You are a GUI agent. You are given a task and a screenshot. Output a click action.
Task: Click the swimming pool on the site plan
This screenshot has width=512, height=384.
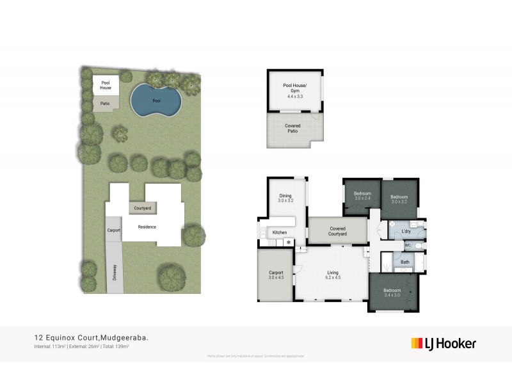coord(156,101)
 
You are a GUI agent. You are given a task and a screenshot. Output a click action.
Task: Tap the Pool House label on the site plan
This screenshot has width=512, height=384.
coord(106,85)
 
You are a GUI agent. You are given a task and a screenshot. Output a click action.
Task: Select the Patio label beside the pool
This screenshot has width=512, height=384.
coord(104,102)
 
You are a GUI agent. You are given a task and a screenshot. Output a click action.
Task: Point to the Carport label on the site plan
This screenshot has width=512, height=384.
coord(114,230)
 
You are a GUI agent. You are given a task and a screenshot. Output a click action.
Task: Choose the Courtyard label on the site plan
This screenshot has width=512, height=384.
coord(143,208)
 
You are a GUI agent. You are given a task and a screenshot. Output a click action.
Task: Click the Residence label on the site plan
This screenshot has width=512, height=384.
coord(147,227)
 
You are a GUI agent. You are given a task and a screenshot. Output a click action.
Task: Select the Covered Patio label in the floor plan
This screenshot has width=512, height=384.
coord(292,129)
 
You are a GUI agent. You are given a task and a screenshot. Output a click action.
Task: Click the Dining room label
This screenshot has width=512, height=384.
coord(285,196)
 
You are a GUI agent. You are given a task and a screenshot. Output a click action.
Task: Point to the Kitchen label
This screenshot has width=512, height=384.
coord(280,232)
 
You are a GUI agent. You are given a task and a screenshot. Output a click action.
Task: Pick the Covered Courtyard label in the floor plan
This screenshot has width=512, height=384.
coord(337,231)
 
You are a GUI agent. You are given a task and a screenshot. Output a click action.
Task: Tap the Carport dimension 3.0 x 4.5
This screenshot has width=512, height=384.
coord(276,278)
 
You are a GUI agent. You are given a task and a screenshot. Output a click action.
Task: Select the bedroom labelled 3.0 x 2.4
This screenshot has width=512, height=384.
coord(362,198)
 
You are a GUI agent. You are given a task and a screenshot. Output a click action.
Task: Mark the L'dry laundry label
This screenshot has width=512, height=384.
coord(405,231)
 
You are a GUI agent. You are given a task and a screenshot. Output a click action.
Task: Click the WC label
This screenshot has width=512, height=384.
coord(407,245)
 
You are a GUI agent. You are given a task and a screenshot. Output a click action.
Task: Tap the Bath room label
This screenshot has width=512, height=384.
coord(405,262)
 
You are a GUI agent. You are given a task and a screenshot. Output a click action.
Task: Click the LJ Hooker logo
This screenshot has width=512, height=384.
coord(443,343)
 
